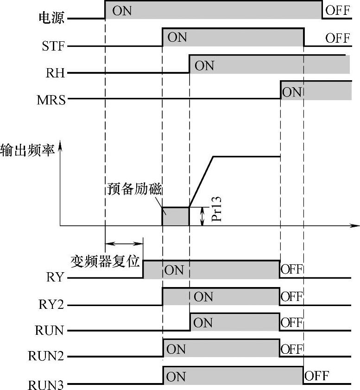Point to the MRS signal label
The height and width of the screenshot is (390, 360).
click(x=51, y=99)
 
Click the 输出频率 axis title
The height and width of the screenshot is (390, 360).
click(x=27, y=152)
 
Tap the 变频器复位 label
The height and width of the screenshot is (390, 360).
click(x=105, y=261)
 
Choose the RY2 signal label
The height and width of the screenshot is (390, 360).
click(x=52, y=305)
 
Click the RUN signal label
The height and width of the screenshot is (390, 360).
click(x=49, y=331)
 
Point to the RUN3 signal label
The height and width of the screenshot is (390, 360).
click(x=46, y=384)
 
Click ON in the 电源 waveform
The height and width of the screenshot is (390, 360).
click(x=122, y=10)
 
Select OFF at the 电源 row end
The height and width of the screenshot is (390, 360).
click(x=337, y=10)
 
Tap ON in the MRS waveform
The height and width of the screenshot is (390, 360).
click(x=292, y=92)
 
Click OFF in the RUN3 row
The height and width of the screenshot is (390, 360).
click(x=317, y=376)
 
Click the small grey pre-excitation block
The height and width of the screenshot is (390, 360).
click(x=176, y=217)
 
